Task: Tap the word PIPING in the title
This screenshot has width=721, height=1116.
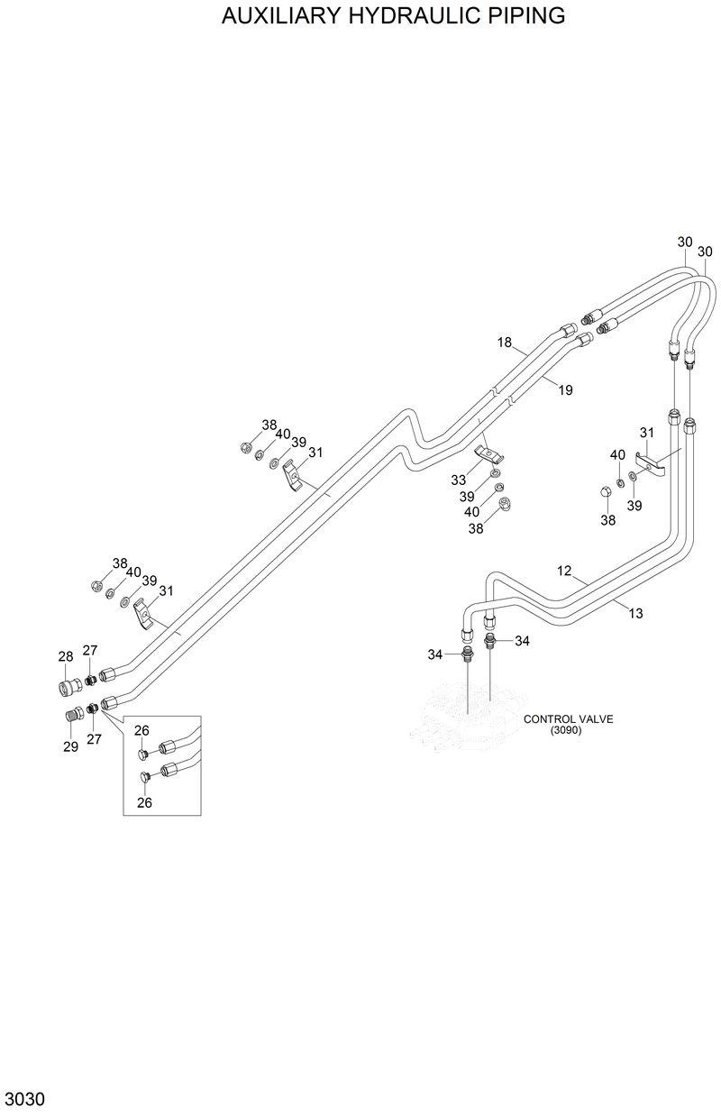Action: (526, 15)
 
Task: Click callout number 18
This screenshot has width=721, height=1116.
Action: (505, 342)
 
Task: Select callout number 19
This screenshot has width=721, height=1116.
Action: (565, 390)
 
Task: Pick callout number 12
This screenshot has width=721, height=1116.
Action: (564, 571)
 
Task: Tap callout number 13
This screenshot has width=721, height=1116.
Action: (635, 613)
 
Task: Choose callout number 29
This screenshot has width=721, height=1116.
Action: (70, 746)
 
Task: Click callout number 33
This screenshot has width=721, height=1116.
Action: (460, 480)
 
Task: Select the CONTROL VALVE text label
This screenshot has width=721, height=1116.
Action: (568, 719)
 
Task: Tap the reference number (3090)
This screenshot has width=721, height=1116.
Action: (568, 731)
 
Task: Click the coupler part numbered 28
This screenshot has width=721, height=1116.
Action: (65, 688)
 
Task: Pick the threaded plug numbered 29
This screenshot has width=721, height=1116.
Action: (76, 714)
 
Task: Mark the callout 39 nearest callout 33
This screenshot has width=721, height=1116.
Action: (466, 497)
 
